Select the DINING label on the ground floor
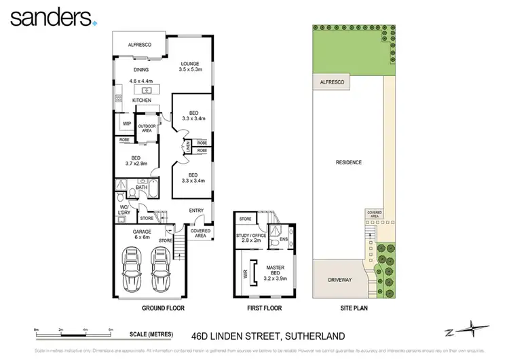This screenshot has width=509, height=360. [x=141, y=69]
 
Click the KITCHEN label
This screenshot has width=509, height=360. [x=140, y=100]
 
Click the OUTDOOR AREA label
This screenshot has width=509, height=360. [x=147, y=128]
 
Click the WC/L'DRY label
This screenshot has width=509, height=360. [x=124, y=210]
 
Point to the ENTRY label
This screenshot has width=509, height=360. [x=196, y=211]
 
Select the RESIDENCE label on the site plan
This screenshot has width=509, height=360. [x=348, y=162]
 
